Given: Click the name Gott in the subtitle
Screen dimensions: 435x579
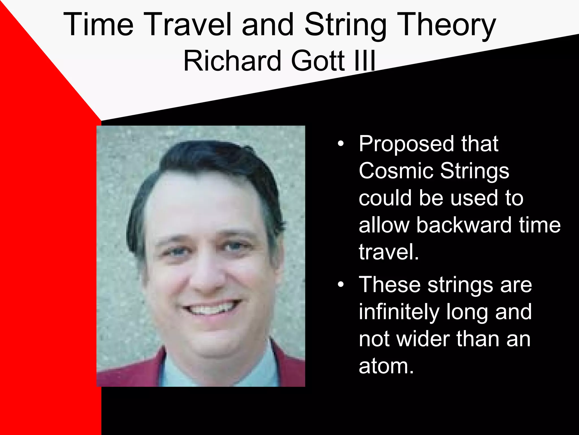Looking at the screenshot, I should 318,61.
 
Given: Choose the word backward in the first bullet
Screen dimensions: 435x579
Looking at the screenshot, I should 464,225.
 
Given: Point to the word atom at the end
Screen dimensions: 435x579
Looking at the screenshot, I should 386,366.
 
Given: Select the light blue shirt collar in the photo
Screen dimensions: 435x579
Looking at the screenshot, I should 181,371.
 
